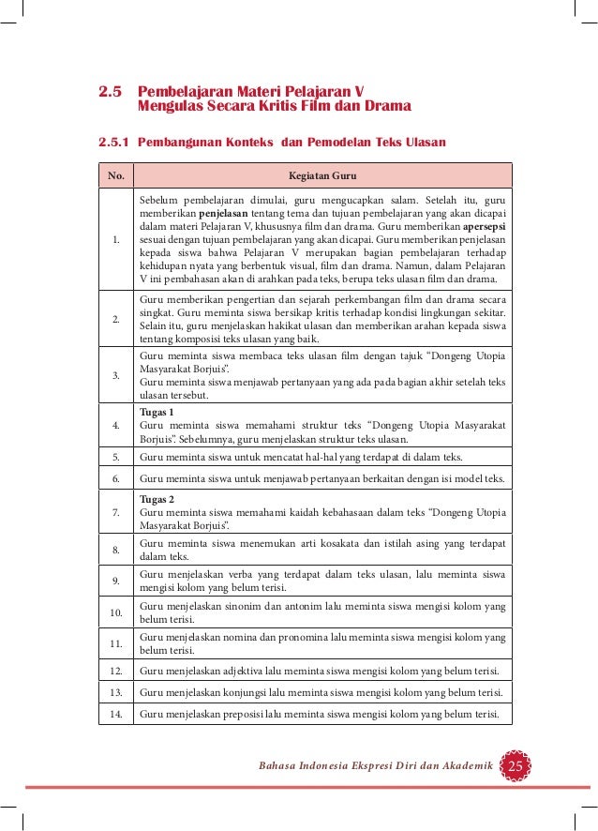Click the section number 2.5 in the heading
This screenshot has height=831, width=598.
point(112,93)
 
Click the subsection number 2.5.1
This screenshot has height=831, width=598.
point(114,143)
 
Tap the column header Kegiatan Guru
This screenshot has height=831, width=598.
point(322,175)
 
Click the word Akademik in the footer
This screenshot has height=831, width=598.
point(463,767)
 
